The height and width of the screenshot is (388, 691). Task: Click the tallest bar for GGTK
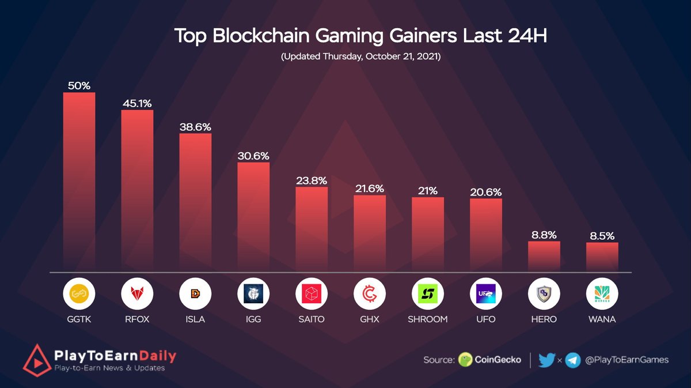pyautogui.click(x=79, y=181)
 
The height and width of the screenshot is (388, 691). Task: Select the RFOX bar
pyautogui.click(x=137, y=190)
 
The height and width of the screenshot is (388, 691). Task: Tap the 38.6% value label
pyautogui.click(x=195, y=126)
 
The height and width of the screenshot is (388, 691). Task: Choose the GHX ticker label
pyautogui.click(x=370, y=319)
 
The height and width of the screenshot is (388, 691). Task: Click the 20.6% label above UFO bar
pyautogui.click(x=486, y=192)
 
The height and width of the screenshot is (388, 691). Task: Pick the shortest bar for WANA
pyautogui.click(x=602, y=257)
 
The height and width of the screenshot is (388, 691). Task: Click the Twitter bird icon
pyautogui.click(x=546, y=360)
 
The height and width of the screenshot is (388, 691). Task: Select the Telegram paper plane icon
pyautogui.click(x=572, y=360)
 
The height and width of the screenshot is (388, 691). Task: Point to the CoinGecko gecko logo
pyautogui.click(x=465, y=360)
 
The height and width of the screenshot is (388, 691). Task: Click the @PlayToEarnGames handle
pyautogui.click(x=627, y=360)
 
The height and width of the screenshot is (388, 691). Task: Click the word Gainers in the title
pyautogui.click(x=390, y=36)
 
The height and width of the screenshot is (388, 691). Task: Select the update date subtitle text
pyautogui.click(x=360, y=58)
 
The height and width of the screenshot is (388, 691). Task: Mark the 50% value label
pyautogui.click(x=79, y=85)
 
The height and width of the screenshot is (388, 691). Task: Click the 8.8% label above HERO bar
pyautogui.click(x=544, y=235)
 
